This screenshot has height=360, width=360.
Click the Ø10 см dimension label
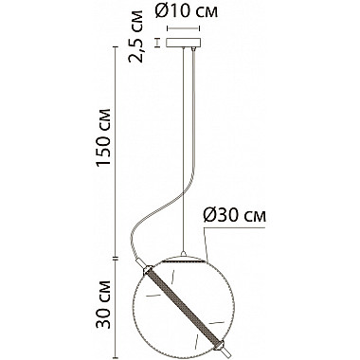pos(187,11)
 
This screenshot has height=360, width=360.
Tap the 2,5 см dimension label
pos(136,36)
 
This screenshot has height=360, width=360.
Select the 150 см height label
pos(103,137)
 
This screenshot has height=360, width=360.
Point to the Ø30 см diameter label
pos(234,216)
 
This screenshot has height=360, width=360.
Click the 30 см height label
pos(103,304)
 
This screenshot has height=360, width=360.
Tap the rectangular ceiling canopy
pos(184,43)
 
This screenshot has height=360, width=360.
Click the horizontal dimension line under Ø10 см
pos(184,28)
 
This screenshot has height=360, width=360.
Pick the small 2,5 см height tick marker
pos(157,43)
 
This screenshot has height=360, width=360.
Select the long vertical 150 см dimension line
pos(116,152)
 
